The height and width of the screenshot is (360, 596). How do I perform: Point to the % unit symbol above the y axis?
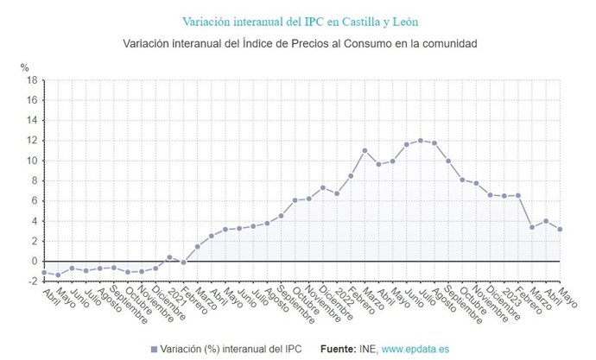pyautogui.click(x=24, y=66)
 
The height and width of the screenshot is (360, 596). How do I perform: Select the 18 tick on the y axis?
pyautogui.click(x=30, y=80)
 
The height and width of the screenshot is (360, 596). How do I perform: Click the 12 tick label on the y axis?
pyautogui.click(x=30, y=141)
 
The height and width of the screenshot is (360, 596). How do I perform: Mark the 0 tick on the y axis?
pyautogui.click(x=33, y=261)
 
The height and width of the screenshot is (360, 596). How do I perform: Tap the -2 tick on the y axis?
pyautogui.click(x=30, y=281)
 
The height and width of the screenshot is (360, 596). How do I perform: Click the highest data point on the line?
pyautogui.click(x=421, y=141)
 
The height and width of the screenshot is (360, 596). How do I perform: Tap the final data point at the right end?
pyautogui.click(x=560, y=230)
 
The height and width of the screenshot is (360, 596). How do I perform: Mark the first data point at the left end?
pyautogui.click(x=44, y=273)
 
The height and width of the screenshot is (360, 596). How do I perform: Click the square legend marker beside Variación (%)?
pyautogui.click(x=154, y=349)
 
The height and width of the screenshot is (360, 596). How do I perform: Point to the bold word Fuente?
pyautogui.click(x=339, y=349)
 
